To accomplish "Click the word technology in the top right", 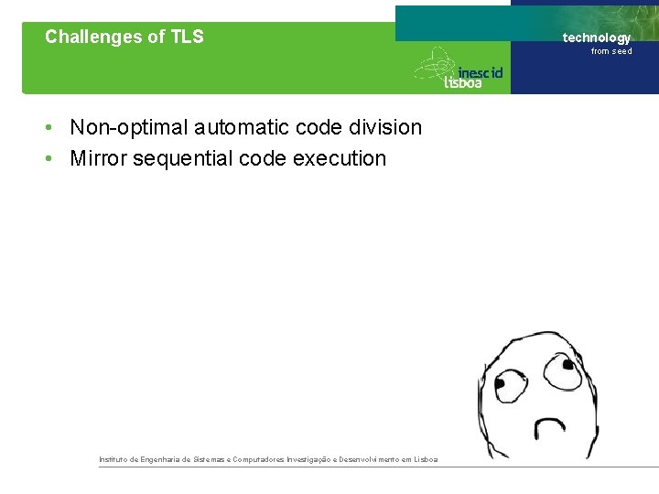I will pos(596,38).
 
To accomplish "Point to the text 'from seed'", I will pos(611,51).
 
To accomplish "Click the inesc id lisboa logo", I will pos(459,70).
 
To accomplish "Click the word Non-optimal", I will pos(129,127).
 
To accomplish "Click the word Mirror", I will pos(98,158).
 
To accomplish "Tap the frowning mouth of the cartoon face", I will pos(550,426).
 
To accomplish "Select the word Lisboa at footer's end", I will pos(426,459).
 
